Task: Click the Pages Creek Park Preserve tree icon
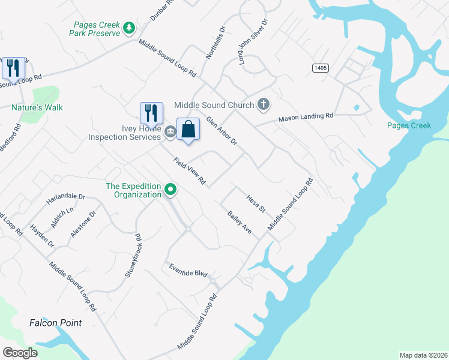click(128, 28)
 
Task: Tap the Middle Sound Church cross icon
click(263, 105)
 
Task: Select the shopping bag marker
click(188, 129)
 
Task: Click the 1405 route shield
click(320, 68)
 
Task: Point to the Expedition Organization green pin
click(170, 190)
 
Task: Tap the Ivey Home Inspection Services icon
click(170, 132)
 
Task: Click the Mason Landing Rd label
click(305, 118)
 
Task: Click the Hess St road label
click(256, 203)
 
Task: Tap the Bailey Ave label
click(239, 221)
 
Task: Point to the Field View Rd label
click(190, 171)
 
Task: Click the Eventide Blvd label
click(188, 269)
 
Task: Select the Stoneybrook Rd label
click(133, 255)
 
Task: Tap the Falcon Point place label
click(56, 323)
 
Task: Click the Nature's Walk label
click(37, 107)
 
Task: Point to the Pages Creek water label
click(409, 125)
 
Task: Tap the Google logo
click(20, 353)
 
